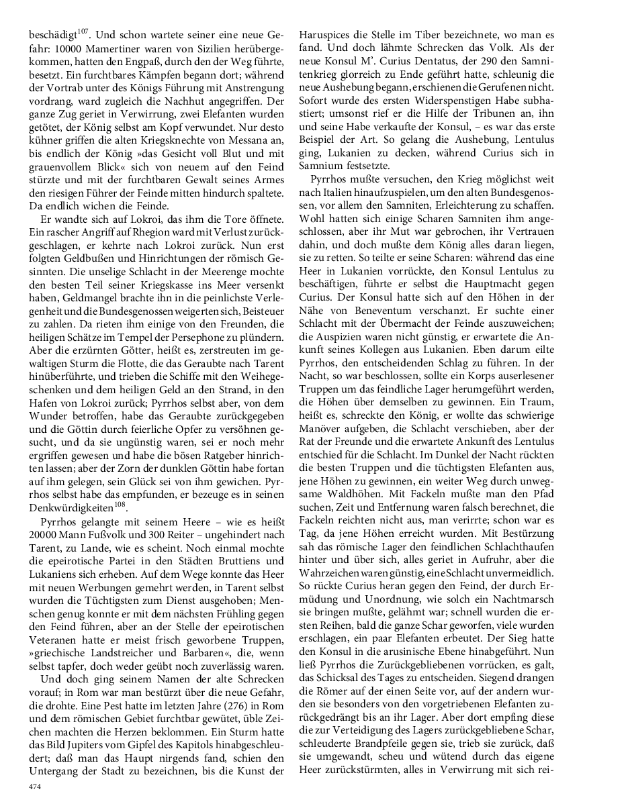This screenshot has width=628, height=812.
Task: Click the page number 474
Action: pos(34,786)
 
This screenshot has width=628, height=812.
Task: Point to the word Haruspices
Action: pos(325,33)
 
